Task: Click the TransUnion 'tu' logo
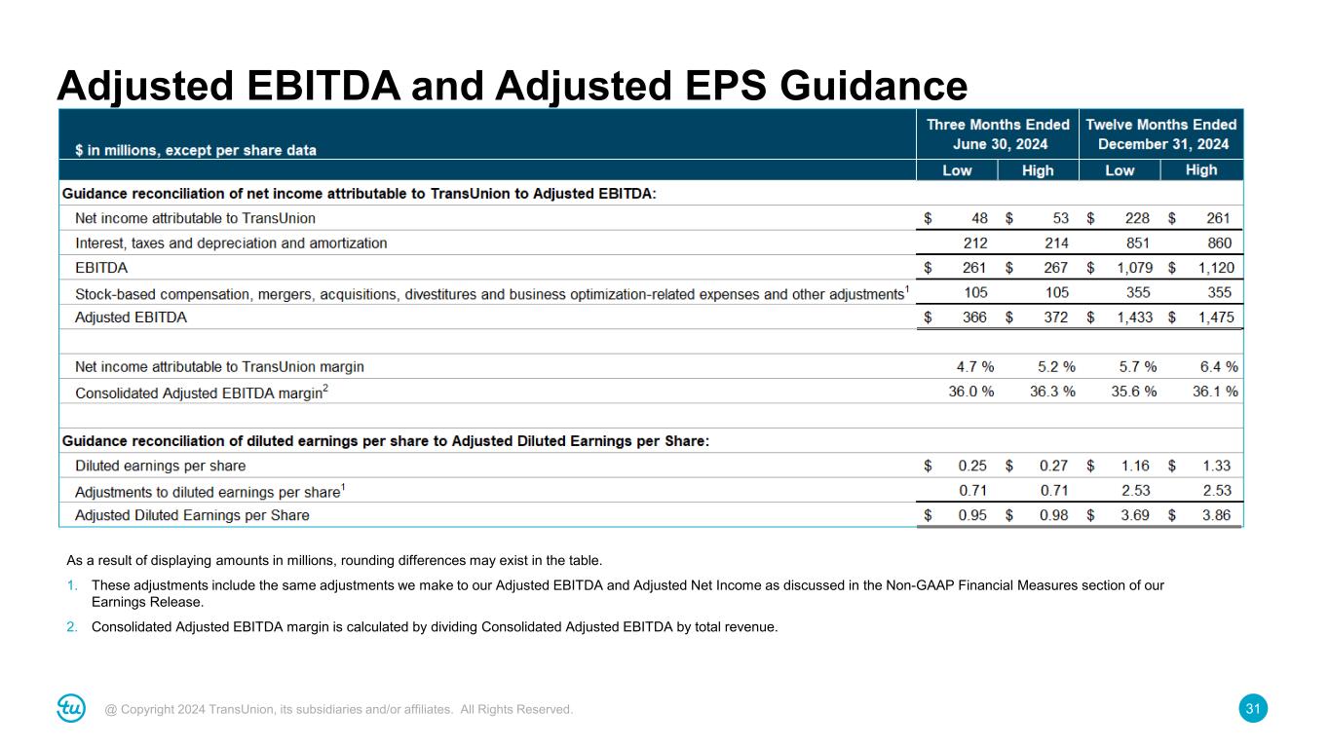click(x=71, y=709)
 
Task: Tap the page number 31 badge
click(x=1254, y=709)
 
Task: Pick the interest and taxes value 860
click(x=1219, y=243)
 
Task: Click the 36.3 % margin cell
click(x=1052, y=392)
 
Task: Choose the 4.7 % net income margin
click(x=974, y=367)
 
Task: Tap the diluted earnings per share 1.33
click(x=1216, y=466)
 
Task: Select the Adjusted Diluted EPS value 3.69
click(x=1135, y=515)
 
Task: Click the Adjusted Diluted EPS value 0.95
click(x=971, y=515)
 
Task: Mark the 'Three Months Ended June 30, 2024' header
click(x=998, y=133)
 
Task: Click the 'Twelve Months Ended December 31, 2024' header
click(x=1161, y=133)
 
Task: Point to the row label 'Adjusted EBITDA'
click(x=131, y=318)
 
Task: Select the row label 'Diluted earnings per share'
click(x=160, y=466)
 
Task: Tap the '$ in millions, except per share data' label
click(x=196, y=150)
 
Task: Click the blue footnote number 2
click(x=71, y=626)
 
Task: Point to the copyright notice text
click(x=339, y=710)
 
